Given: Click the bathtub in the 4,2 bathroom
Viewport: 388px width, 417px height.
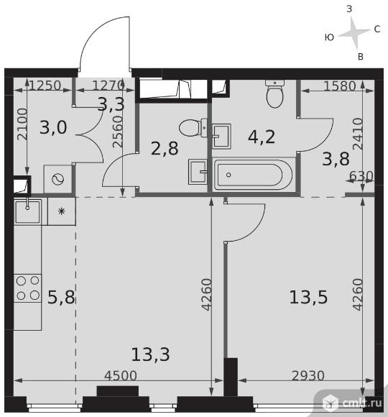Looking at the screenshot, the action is (253, 175).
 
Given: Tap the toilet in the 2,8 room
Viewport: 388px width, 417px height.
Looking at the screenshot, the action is (193, 128).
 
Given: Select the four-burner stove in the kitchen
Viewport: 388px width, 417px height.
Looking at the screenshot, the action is (27, 288).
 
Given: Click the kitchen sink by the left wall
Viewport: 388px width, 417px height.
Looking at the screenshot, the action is (27, 211).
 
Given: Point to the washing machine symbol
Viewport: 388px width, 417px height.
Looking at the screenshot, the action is (58, 179).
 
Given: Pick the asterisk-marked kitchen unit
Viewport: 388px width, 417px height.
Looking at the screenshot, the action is (62, 211).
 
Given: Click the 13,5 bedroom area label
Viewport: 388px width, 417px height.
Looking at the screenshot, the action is (308, 297).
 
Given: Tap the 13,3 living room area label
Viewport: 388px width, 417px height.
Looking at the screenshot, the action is (150, 354).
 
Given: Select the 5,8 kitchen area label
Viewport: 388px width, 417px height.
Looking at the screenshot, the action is (61, 297).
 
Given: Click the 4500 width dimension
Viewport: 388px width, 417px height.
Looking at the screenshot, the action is (121, 375).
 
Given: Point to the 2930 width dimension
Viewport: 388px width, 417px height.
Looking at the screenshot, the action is (308, 375).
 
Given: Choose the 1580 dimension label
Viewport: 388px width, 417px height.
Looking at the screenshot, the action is (340, 86).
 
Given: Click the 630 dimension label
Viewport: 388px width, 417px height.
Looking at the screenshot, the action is (361, 176).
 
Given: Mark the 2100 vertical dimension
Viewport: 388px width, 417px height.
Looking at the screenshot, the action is (22, 124).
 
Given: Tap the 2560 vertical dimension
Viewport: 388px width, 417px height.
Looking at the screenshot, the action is (117, 132).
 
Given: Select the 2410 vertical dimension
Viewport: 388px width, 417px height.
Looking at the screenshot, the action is (358, 134).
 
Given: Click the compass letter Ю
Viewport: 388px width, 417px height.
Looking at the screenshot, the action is (329, 37).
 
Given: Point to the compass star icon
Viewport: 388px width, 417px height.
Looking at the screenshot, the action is (354, 33).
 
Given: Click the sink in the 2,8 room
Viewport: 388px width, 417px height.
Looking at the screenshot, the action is (198, 172).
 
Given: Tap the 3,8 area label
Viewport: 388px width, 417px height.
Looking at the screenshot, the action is (336, 159).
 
